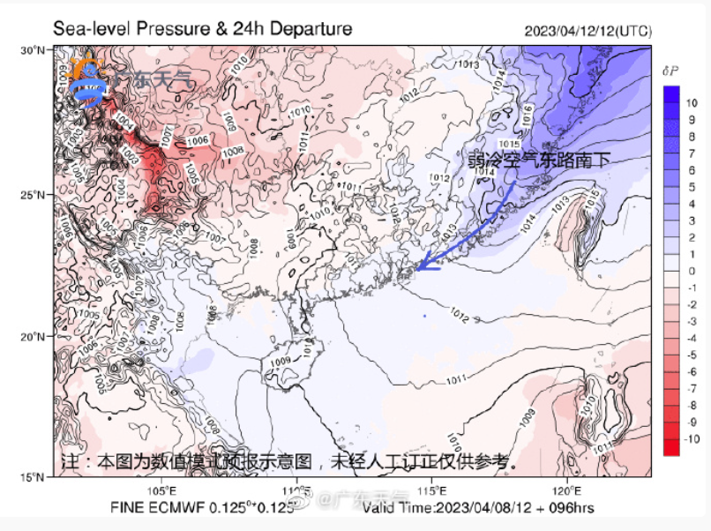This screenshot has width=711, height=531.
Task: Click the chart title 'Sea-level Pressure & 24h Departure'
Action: pos(203,29)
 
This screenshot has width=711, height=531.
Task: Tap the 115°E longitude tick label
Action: pos(430,490)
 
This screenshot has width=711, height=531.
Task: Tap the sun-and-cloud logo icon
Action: pos(88,82)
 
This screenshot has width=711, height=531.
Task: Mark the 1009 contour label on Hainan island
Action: pos(281,362)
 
